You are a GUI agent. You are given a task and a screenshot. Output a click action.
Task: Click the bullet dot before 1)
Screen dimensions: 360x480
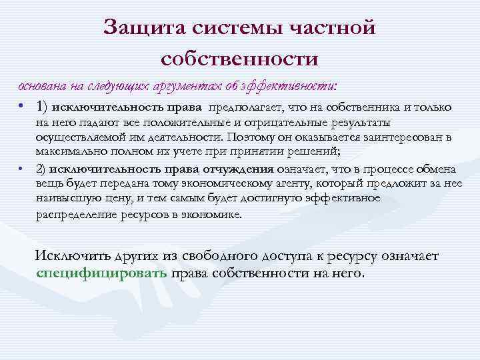coord(22,107)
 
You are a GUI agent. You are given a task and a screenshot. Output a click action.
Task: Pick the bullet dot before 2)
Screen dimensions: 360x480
coord(22,167)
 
